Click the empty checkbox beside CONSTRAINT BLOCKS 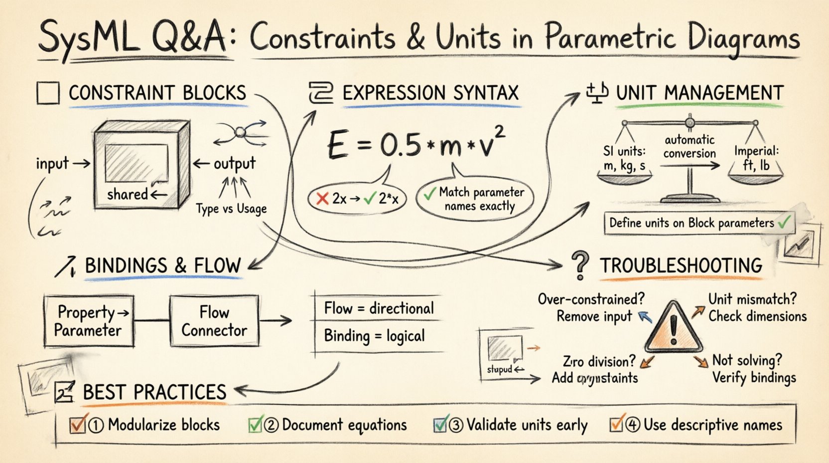pos(48,93)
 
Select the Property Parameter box pos(89,321)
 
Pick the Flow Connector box pos(214,321)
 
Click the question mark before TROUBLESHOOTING pos(579,265)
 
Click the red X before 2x pos(322,199)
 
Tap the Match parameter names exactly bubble pos(474,199)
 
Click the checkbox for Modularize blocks pos(78,425)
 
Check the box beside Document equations pos(255,425)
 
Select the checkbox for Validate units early pos(440,425)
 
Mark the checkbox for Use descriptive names pos(617,425)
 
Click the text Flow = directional pos(379,308)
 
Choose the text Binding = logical pos(374,336)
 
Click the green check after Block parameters pos(784,222)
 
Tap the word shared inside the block pos(128,194)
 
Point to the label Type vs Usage pos(231,209)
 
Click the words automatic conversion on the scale pos(690,147)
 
